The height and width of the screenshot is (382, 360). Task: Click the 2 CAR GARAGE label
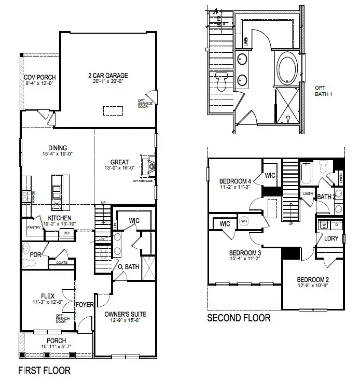pyautogui.click(x=108, y=76)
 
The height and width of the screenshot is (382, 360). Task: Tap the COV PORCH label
pyautogui.click(x=39, y=77)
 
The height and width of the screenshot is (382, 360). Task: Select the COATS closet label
pyautogui.click(x=61, y=262)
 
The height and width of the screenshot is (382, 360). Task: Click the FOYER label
pyautogui.click(x=85, y=304)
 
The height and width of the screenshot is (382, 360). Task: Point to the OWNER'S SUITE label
pyautogui.click(x=125, y=314)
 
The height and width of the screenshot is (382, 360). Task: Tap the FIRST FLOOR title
pyautogui.click(x=44, y=371)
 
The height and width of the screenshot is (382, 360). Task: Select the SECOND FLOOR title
pyautogui.click(x=239, y=318)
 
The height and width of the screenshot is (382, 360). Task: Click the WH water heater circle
pyautogui.click(x=244, y=221)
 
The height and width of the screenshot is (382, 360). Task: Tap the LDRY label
pyautogui.click(x=331, y=239)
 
